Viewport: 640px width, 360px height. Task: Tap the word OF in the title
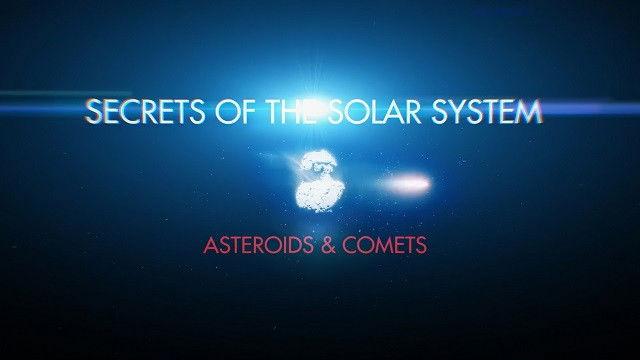(x=231, y=113)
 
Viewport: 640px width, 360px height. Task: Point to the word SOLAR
(x=365, y=113)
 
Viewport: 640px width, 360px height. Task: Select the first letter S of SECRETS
(x=95, y=113)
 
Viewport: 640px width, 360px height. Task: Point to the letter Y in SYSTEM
(x=443, y=113)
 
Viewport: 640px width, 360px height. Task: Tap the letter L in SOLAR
(x=366, y=113)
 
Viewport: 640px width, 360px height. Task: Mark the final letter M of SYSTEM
(x=529, y=113)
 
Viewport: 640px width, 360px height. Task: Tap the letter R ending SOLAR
(x=407, y=113)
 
